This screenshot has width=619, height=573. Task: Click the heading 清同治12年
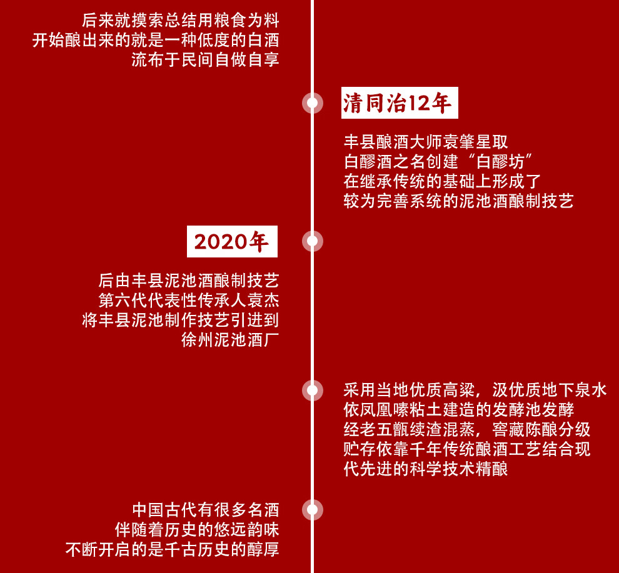(x=399, y=103)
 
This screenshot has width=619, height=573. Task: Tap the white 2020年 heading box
(x=232, y=242)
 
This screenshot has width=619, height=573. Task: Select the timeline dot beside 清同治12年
(x=312, y=103)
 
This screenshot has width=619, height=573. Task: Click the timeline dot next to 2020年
(x=312, y=241)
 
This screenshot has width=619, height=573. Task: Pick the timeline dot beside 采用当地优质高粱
(x=312, y=391)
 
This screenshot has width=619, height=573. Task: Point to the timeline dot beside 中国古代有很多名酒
(x=312, y=509)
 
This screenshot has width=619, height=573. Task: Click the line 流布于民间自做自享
(x=205, y=61)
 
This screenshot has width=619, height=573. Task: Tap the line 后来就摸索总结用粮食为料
(x=180, y=21)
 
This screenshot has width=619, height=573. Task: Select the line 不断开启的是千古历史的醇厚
(x=172, y=550)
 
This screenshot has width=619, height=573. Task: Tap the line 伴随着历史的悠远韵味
(x=196, y=530)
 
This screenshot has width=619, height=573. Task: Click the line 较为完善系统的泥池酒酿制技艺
(x=458, y=201)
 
